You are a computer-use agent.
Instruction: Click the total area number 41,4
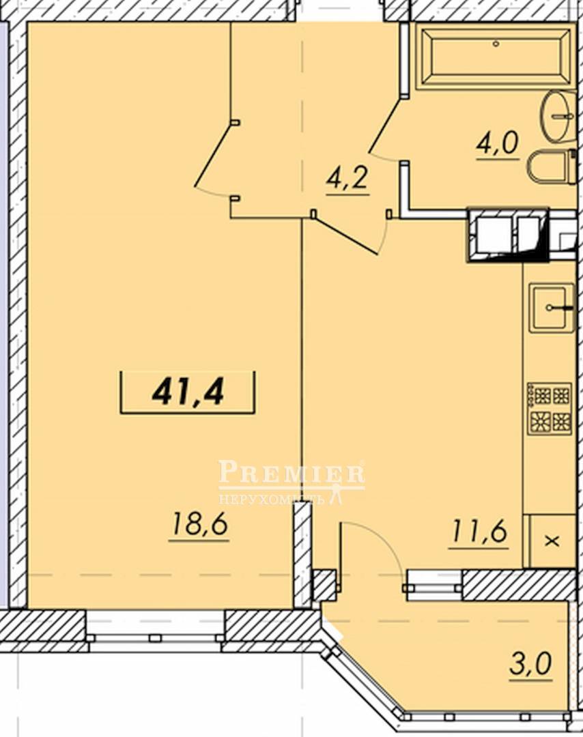click(x=188, y=392)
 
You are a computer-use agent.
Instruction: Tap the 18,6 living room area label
click(x=200, y=524)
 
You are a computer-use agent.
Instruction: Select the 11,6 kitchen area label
click(x=479, y=532)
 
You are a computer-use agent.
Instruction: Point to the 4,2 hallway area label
click(x=347, y=178)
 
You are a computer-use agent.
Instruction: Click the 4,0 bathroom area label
click(x=497, y=143)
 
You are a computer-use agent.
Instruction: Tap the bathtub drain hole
click(x=496, y=44)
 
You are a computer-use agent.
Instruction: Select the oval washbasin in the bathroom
click(x=558, y=115)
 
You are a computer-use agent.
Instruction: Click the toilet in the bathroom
click(x=552, y=167)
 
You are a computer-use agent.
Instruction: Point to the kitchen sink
click(x=552, y=307)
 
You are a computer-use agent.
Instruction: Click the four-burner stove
click(x=550, y=409)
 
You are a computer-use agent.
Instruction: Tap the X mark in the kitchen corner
click(x=552, y=541)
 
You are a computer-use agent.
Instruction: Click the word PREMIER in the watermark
click(x=291, y=472)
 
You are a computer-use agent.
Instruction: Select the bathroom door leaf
click(x=386, y=126)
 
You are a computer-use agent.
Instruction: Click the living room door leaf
click(x=213, y=155)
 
